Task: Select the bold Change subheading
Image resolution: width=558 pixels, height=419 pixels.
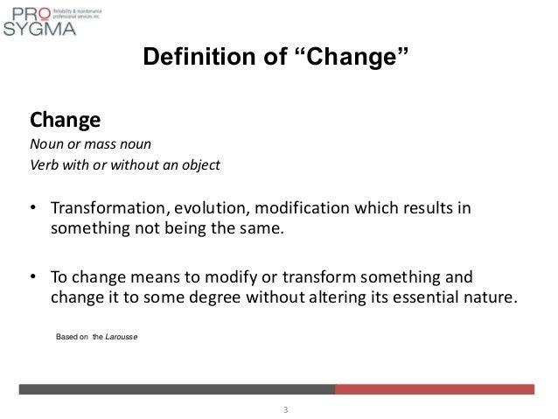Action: pyautogui.click(x=66, y=118)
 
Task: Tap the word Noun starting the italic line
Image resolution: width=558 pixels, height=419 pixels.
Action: pyautogui.click(x=45, y=143)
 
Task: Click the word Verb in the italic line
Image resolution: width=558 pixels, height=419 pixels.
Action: pyautogui.click(x=45, y=164)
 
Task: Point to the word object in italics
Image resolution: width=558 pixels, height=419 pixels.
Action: pyautogui.click(x=197, y=164)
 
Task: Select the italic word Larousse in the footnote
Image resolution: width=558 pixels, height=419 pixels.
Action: pyautogui.click(x=122, y=336)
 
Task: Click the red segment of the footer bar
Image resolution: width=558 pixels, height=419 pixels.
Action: pyautogui.click(x=435, y=389)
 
